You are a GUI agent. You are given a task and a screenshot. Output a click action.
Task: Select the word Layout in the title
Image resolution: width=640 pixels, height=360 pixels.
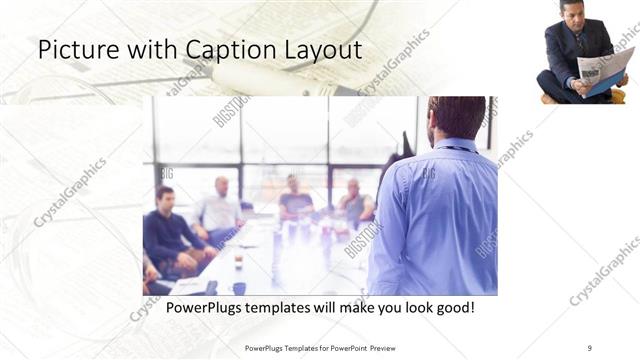320,50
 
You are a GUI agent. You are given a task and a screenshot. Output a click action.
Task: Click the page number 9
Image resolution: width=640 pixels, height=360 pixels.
589,347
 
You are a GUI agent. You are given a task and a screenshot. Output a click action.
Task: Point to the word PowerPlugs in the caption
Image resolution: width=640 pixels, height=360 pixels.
204,306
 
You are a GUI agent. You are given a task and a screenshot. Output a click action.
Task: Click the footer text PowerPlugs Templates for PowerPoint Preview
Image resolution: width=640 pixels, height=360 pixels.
319,347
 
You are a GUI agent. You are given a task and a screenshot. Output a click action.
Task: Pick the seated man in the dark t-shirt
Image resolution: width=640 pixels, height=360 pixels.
294,200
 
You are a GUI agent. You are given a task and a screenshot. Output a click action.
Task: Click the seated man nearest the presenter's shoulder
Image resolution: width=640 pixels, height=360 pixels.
353,205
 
